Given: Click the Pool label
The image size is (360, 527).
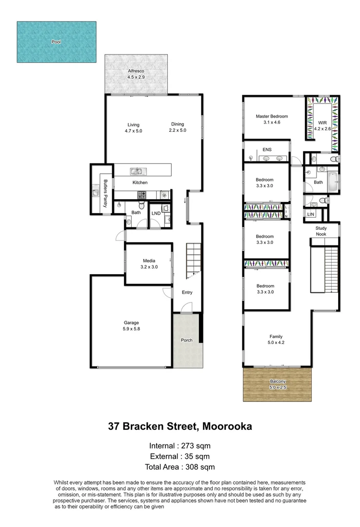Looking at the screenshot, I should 56,42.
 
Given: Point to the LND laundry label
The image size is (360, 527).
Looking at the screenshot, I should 156,214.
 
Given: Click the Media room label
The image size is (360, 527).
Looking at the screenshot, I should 149,264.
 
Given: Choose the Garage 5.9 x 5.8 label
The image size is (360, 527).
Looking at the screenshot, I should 131,325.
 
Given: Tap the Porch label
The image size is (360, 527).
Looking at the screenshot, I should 186,340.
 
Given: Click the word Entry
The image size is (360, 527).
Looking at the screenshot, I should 187,293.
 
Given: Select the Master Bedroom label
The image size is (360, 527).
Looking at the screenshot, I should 272,120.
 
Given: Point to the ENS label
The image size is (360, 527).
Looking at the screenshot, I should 267,150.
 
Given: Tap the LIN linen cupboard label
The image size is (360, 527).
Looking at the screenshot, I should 310,214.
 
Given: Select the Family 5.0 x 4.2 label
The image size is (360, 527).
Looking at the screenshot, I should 276,340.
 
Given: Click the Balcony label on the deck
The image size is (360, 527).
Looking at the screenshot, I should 277,384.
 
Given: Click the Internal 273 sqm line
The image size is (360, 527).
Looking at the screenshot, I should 180,446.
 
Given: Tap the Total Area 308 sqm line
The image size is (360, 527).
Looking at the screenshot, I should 180,467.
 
